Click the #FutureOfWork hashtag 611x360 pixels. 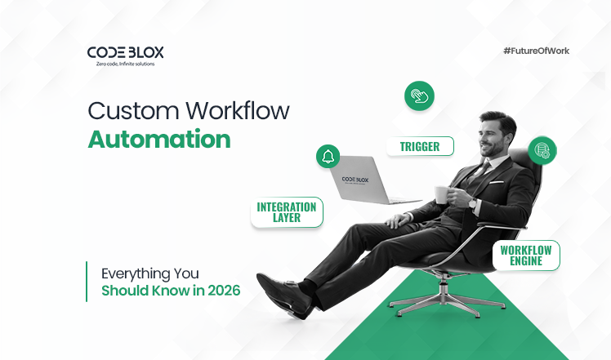[536, 51]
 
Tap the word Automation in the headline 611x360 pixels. [159, 139]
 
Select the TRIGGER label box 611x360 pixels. [420, 147]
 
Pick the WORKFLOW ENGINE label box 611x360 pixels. [526, 256]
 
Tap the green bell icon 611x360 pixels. [328, 156]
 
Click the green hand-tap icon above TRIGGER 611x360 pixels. [418, 96]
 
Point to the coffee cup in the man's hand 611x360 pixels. [442, 194]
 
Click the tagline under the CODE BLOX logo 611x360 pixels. [125, 64]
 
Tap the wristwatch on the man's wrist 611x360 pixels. [473, 202]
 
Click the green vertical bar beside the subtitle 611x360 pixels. [87, 281]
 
